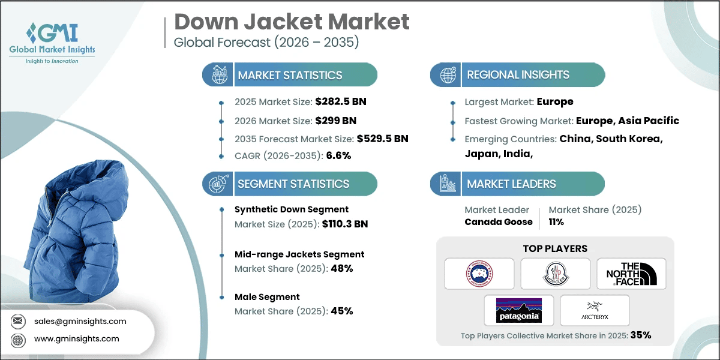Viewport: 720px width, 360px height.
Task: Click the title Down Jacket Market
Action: pos(292,22)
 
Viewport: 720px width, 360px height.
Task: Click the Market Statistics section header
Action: pos(290,75)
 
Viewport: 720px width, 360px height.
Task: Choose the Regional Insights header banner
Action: pos(518,75)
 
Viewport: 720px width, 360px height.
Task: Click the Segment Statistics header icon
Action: pos(217,184)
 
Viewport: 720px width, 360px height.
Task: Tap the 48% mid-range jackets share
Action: pos(341,268)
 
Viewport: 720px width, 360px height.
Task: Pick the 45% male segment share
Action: pos(341,311)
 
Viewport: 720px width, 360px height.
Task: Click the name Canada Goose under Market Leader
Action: pos(498,221)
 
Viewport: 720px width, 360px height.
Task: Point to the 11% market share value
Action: pos(556,221)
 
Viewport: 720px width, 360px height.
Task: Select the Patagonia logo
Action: pos(518,310)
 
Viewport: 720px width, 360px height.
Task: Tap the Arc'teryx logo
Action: pos(595,310)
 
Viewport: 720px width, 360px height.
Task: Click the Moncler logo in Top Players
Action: pos(555,274)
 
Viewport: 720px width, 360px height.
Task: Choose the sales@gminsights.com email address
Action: pos(79,321)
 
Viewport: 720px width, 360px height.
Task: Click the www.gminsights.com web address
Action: pos(77,338)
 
